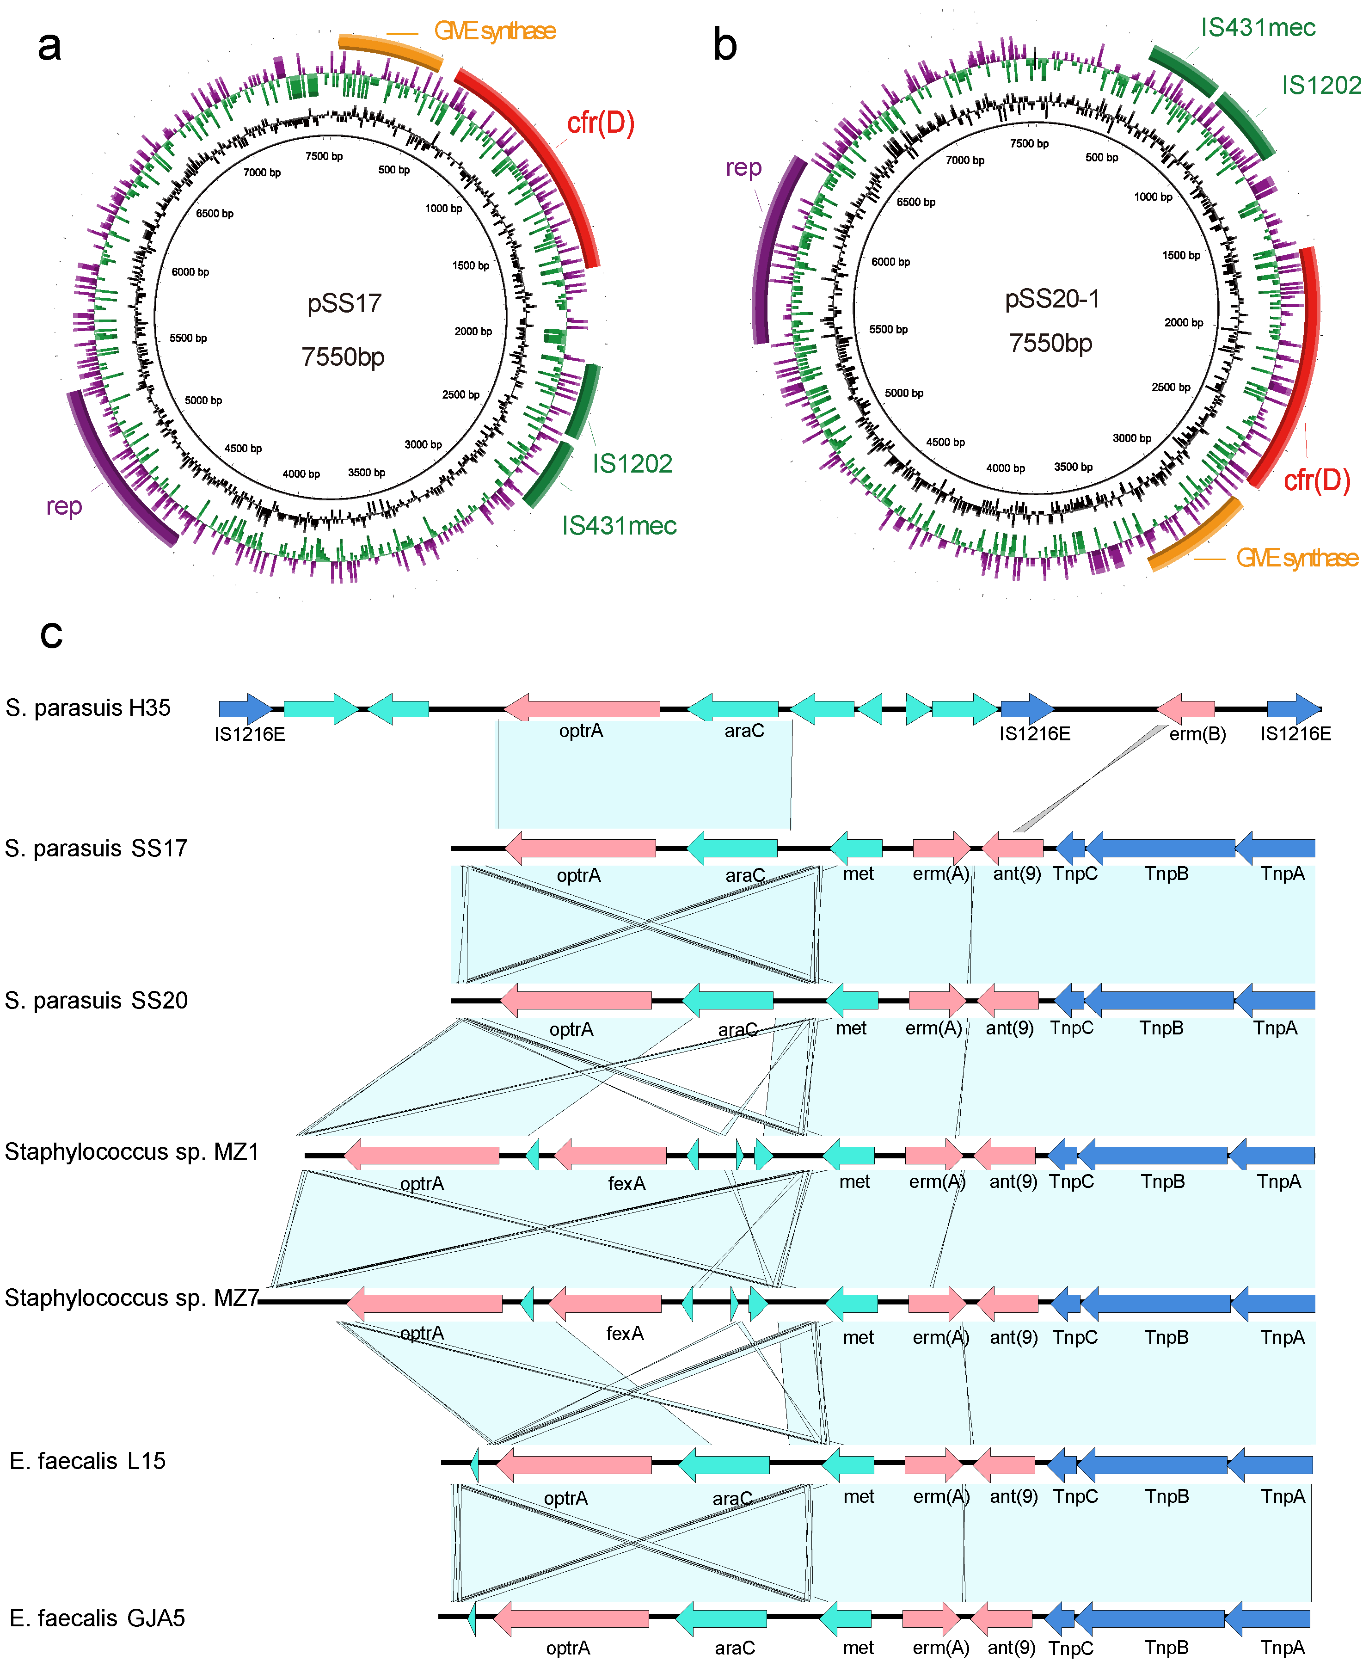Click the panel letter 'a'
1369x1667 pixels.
click(49, 46)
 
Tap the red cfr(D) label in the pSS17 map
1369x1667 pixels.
click(600, 123)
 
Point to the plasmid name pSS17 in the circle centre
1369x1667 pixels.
click(344, 304)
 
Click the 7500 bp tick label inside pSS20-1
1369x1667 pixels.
click(1029, 143)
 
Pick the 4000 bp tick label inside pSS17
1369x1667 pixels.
click(301, 474)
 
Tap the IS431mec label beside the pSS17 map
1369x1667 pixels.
click(619, 526)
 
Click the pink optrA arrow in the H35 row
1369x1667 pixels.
click(582, 708)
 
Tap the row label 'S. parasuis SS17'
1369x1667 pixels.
click(96, 849)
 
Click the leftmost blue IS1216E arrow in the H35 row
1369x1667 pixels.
click(245, 708)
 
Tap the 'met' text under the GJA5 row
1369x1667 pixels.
click(858, 1648)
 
